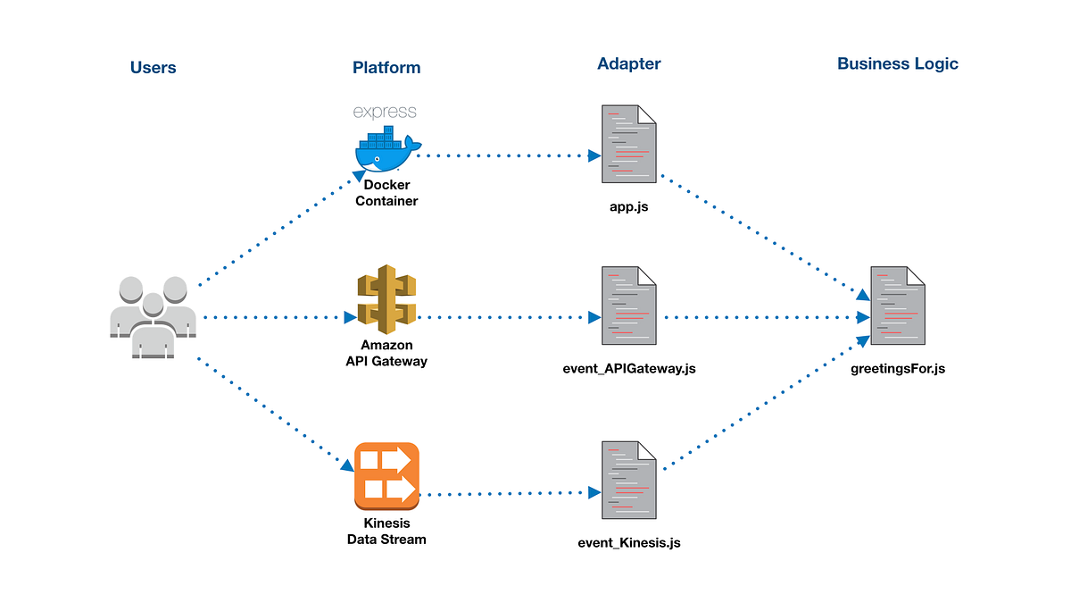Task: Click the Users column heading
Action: (x=153, y=68)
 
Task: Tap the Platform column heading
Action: (x=386, y=68)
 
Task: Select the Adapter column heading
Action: (x=628, y=63)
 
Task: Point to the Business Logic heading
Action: (x=898, y=63)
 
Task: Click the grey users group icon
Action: (x=153, y=317)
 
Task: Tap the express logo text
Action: (x=385, y=112)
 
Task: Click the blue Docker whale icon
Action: (x=388, y=149)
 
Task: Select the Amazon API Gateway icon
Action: (x=386, y=299)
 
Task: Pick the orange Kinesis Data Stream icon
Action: (x=386, y=476)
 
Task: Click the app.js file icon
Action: (x=628, y=144)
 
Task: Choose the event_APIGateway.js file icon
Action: (x=628, y=306)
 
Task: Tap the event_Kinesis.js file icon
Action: (x=628, y=480)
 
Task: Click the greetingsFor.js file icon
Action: (x=898, y=306)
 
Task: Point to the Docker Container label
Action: (x=386, y=193)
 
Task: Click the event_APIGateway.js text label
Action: (x=628, y=368)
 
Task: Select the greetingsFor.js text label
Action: (x=898, y=368)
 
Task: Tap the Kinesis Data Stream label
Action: (x=386, y=532)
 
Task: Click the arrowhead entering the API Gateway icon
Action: (x=351, y=317)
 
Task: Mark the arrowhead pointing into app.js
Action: (x=594, y=155)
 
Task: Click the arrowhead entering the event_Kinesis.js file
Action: (x=594, y=492)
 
